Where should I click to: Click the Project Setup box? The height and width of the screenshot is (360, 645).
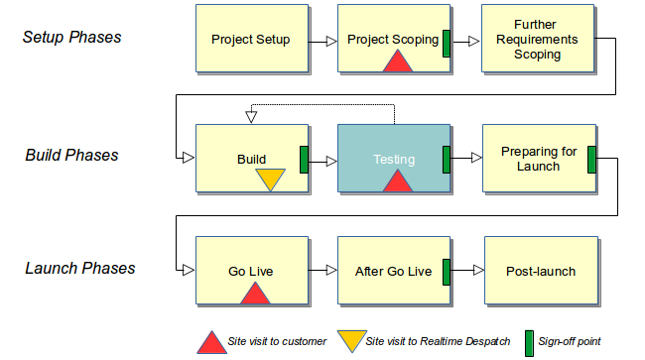pos(251,40)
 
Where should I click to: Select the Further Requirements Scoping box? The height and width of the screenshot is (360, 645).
pos(538,40)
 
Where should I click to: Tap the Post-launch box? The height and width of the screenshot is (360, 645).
pos(540,271)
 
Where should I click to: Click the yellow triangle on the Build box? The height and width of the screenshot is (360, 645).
pos(270,180)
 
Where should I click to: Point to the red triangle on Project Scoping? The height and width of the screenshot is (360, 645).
pos(397,61)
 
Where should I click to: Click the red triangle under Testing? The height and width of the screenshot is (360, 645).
pos(397,181)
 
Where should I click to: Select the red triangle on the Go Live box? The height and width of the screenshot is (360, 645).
pos(255,294)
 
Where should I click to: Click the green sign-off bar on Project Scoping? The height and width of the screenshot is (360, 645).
pos(447,43)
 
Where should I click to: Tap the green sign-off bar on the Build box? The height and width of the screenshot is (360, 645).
pos(305,159)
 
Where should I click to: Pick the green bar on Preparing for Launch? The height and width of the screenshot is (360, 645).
pos(591,159)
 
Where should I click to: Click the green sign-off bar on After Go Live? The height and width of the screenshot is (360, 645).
pos(447,271)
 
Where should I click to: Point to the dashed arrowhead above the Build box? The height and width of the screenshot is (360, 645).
pos(251,117)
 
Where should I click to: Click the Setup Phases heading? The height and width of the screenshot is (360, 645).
pos(72,38)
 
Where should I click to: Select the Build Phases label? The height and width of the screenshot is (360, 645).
pos(72,156)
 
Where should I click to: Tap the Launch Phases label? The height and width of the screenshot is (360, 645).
pos(78,269)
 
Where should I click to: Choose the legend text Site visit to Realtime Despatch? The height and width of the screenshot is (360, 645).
pos(433,342)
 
